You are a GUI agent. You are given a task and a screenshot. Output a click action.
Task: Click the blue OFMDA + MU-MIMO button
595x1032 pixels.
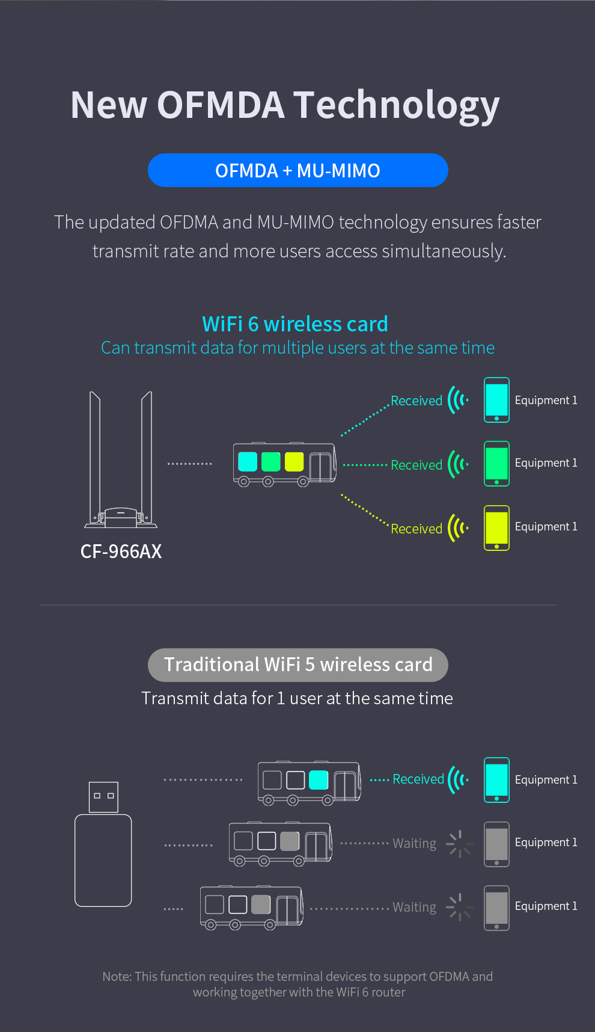[297, 170]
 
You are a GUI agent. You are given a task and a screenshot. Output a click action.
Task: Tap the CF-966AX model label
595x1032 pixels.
[121, 551]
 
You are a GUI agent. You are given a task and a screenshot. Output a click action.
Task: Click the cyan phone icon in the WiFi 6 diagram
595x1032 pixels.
[496, 400]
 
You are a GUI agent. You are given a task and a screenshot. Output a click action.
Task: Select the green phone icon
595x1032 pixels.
[496, 464]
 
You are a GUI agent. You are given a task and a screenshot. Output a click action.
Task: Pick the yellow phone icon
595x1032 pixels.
[496, 527]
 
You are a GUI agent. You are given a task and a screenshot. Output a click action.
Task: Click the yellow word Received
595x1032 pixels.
[416, 529]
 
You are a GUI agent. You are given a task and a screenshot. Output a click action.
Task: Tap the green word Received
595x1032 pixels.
[416, 465]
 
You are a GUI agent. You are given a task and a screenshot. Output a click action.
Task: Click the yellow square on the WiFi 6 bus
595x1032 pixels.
[294, 462]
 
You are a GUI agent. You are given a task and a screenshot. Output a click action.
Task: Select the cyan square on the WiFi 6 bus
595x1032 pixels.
[248, 462]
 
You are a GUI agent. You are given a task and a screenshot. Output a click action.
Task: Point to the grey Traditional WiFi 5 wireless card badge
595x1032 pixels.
[297, 665]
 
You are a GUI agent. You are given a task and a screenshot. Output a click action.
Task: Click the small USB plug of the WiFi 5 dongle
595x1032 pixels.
[103, 797]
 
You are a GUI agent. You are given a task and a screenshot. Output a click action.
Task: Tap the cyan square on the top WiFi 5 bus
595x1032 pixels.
[318, 780]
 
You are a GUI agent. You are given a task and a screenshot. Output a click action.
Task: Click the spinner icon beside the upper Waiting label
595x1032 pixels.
[459, 844]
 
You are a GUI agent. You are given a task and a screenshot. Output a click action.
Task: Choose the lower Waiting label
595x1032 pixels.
[414, 907]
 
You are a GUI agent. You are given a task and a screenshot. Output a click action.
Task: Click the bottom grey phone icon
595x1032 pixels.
[496, 908]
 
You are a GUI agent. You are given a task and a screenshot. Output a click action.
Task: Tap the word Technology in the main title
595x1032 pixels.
[397, 105]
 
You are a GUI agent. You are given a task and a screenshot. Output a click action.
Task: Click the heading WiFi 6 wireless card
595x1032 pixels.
[294, 324]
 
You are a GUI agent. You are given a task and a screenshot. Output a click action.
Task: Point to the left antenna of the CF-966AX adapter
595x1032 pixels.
[95, 457]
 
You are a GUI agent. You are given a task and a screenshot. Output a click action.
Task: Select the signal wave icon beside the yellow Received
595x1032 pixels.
[457, 528]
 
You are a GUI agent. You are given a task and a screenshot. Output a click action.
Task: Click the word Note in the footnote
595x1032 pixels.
[116, 977]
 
